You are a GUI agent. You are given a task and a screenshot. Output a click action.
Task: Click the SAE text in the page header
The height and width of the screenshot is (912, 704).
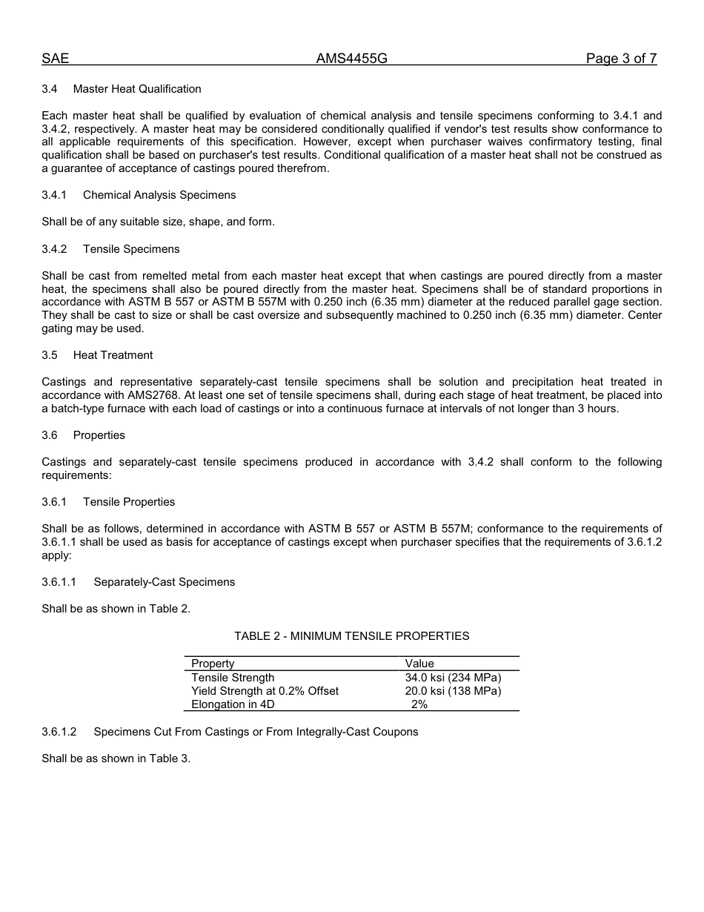click(x=56, y=59)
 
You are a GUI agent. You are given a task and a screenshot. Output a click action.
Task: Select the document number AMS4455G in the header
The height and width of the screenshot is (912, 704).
click(x=351, y=59)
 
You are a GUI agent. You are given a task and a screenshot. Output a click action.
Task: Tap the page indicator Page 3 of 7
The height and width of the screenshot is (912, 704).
click(x=621, y=59)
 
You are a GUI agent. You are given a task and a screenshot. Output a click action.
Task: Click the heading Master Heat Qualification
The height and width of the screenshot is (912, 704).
click(x=137, y=89)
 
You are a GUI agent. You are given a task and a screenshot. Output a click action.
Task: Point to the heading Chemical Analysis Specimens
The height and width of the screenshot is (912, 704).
click(x=159, y=195)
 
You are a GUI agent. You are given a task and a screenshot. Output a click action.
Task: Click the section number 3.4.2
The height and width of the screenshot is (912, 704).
click(x=54, y=249)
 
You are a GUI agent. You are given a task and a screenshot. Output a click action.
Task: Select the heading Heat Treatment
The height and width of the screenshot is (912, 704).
click(x=113, y=355)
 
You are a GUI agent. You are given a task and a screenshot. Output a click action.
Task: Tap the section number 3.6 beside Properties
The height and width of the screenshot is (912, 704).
click(x=50, y=435)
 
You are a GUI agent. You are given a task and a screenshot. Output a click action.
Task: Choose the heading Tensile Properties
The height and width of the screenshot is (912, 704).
click(x=129, y=502)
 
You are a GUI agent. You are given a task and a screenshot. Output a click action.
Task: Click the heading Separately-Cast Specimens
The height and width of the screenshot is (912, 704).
click(x=164, y=582)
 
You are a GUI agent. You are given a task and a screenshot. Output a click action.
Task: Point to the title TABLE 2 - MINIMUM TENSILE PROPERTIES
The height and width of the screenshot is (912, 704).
click(x=351, y=636)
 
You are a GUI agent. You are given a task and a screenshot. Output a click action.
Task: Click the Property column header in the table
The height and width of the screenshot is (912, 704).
click(x=213, y=664)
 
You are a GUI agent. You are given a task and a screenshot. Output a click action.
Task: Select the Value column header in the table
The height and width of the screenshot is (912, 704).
click(x=419, y=664)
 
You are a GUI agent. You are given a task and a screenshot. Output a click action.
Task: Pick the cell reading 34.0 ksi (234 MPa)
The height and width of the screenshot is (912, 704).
click(x=453, y=678)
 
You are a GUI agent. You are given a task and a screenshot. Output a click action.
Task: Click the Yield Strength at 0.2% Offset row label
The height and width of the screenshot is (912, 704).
click(x=265, y=691)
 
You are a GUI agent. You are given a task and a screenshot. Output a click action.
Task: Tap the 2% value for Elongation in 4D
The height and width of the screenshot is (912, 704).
click(x=419, y=704)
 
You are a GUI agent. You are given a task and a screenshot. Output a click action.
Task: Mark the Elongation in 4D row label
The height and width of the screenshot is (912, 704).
click(x=233, y=704)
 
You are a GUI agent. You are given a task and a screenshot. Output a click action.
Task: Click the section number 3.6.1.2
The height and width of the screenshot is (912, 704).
click(x=59, y=732)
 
